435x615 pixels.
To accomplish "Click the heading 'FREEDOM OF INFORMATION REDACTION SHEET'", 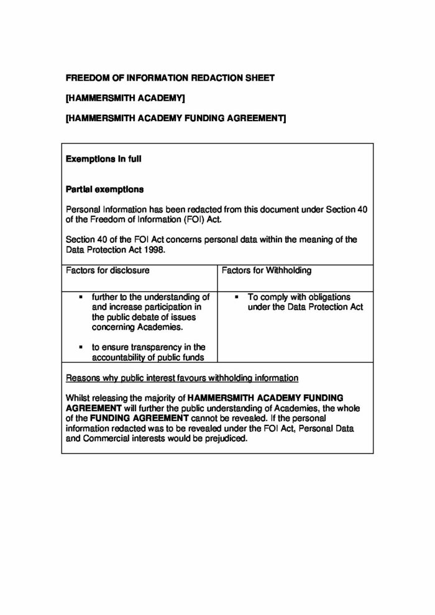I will (170, 78).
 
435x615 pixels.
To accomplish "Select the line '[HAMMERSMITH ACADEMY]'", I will (125, 98).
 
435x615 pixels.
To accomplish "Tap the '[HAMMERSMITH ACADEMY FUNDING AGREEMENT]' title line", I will (176, 118).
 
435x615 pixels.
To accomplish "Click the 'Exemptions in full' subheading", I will (103, 159).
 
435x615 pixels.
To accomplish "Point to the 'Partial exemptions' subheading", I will (104, 189).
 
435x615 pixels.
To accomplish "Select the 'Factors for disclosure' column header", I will (108, 271).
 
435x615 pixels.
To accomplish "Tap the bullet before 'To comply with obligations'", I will (237, 297).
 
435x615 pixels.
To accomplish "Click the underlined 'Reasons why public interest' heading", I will (182, 378).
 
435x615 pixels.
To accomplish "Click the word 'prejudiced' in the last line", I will (226, 438).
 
